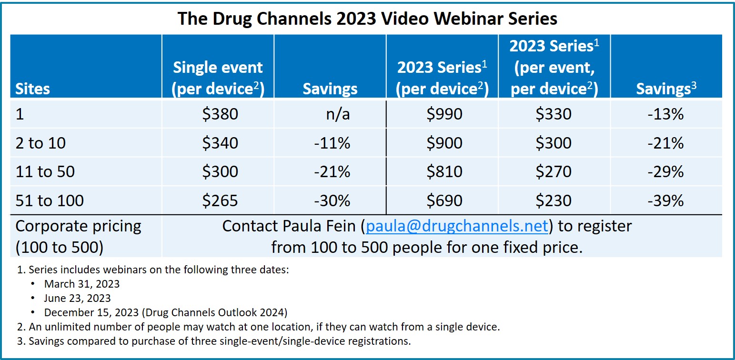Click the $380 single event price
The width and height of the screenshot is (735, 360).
[220, 114]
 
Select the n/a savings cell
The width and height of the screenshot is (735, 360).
[338, 114]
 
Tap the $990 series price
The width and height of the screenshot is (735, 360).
[444, 114]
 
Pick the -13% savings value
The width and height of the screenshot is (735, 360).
[665, 114]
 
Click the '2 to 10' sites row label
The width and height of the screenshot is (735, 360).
[40, 143]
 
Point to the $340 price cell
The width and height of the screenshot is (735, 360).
[220, 143]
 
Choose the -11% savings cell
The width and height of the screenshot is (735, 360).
[332, 143]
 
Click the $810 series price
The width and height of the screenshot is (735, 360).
[444, 171]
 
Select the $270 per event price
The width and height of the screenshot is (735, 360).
[554, 171]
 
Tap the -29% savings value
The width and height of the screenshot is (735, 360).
[665, 171]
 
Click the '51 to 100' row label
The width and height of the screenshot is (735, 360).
[50, 200]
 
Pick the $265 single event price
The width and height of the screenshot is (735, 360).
[220, 200]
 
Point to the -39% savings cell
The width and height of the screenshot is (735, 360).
[665, 200]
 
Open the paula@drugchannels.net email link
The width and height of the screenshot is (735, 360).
[457, 226]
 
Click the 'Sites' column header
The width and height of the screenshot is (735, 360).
[32, 89]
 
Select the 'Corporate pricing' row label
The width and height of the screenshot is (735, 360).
[78, 227]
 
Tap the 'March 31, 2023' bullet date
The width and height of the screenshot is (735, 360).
[82, 284]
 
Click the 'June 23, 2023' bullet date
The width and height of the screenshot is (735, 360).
[78, 298]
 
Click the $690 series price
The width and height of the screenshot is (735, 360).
[444, 200]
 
